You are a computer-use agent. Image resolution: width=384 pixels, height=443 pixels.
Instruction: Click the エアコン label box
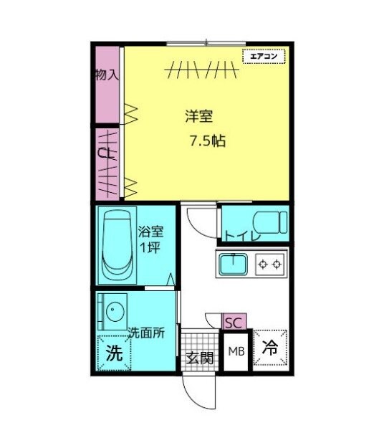tap(264, 56)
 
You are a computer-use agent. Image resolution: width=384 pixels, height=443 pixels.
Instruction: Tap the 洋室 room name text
tap(196, 115)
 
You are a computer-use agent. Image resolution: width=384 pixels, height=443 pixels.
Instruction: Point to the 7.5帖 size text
tap(207, 141)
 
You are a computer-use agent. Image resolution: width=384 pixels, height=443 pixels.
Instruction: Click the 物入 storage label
tap(107, 75)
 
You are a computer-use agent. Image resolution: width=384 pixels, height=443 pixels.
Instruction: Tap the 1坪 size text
tap(150, 248)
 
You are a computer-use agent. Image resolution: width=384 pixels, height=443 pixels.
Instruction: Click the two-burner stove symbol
tap(271, 265)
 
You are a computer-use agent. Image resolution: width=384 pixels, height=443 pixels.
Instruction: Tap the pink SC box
tap(234, 322)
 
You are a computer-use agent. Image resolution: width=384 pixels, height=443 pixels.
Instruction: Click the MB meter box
tap(236, 351)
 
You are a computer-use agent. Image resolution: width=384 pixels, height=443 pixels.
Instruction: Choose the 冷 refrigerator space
tap(269, 348)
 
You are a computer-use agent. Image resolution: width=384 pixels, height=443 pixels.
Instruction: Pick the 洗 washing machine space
tap(114, 353)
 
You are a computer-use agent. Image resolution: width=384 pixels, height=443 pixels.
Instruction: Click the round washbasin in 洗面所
tap(114, 311)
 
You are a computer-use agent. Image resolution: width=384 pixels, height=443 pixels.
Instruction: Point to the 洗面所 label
tap(147, 333)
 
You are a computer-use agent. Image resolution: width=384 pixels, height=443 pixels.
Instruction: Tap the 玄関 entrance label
tap(200, 357)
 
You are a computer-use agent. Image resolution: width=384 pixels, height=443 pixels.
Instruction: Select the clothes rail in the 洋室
tap(201, 70)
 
